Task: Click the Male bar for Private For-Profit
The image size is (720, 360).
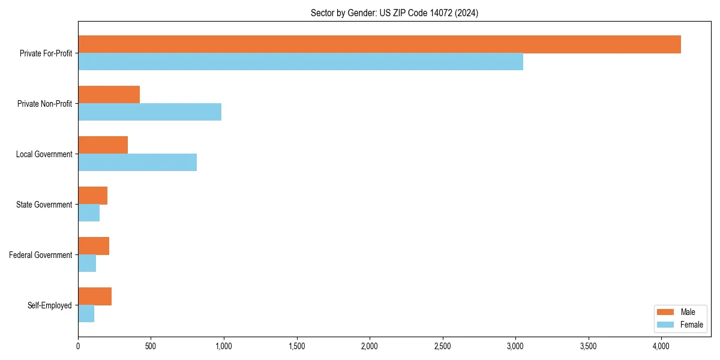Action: coord(379,44)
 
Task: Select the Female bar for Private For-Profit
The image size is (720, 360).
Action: coord(300,62)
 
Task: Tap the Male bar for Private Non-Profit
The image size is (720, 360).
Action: coord(109,95)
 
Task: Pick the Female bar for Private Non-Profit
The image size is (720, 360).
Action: coord(149,112)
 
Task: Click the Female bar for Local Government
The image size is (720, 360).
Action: coord(137,163)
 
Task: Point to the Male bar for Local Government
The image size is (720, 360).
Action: coord(103,145)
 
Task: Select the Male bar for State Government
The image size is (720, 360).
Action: coord(92,196)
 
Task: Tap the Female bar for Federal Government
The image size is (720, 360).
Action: coord(87,263)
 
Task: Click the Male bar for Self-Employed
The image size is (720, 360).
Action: coord(95,296)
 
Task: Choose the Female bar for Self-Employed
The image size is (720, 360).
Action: coord(86,314)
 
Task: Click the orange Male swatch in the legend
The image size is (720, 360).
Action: coord(666,312)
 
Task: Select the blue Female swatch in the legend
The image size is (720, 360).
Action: coord(666,325)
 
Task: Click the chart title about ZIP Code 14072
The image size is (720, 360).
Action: coord(394,13)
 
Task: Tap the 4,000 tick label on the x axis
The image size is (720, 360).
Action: coord(661,346)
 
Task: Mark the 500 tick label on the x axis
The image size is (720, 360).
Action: coord(151,346)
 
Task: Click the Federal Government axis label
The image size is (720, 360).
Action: coord(41,255)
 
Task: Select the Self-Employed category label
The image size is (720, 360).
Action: coord(50,305)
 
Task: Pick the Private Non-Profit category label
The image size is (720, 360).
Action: coord(44,104)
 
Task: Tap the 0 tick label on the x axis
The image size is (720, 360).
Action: coord(78,346)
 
